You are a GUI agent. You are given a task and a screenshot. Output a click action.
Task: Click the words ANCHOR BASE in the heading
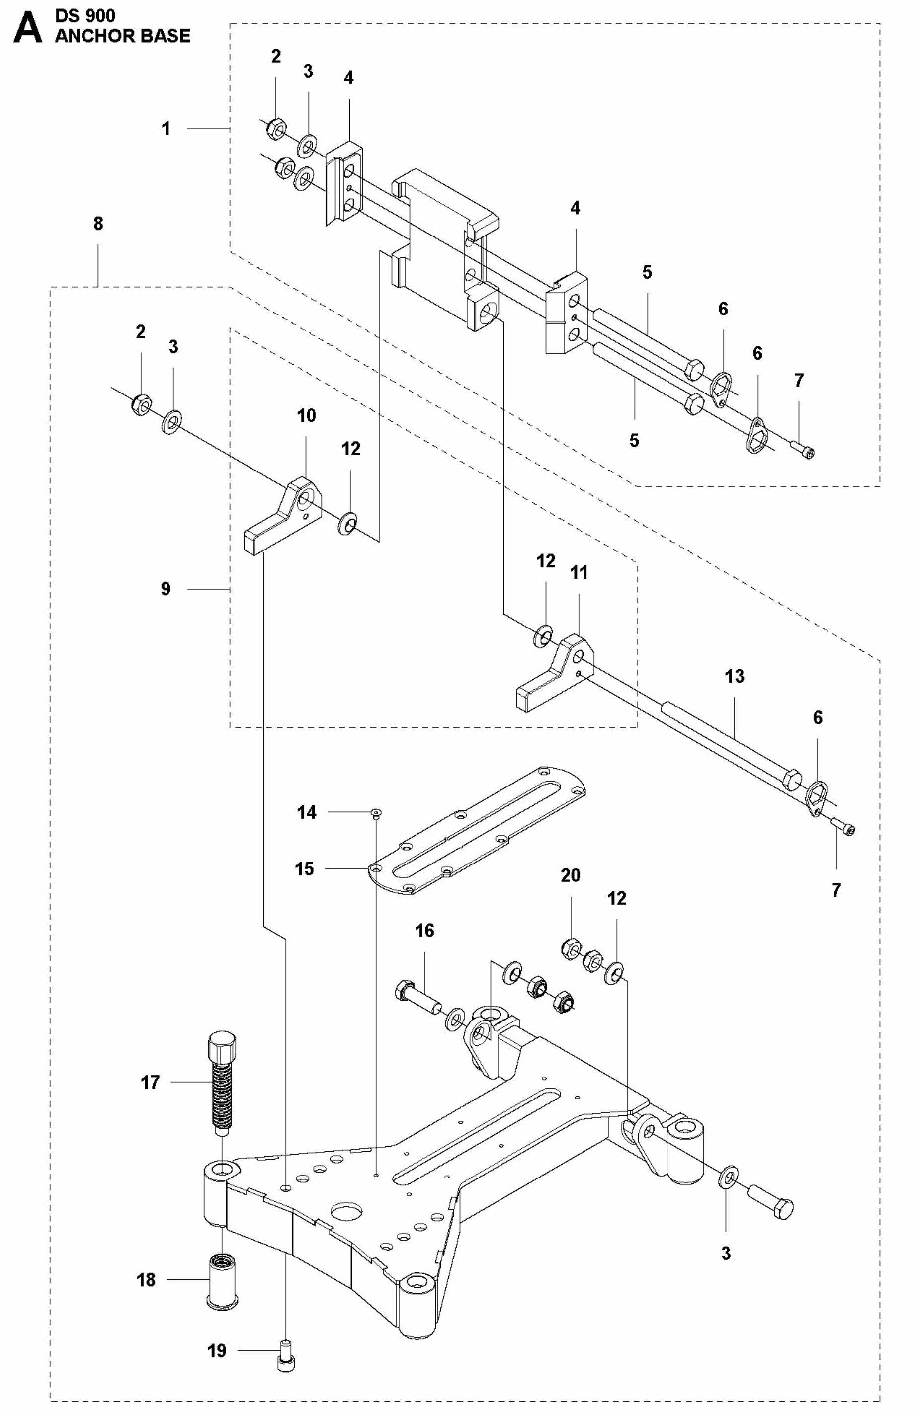pos(122,36)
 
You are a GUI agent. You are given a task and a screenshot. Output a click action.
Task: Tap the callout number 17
pos(150,1082)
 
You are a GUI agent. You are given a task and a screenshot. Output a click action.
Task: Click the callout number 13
pos(734,676)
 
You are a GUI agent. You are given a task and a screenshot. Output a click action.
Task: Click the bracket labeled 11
pos(553,674)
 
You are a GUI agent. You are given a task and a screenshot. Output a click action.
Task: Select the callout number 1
pos(167,128)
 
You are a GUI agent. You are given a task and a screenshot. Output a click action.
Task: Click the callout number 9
pos(165,589)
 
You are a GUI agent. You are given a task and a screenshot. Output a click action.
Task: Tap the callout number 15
pos(304,868)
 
